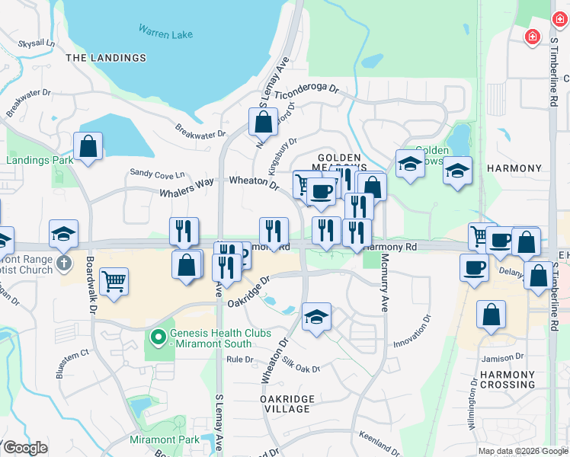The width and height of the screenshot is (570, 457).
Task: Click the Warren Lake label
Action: pos(165,33)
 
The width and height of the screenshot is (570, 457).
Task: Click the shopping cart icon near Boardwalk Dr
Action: pos(114,280)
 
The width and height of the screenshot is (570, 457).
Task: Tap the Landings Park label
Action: pos(40,160)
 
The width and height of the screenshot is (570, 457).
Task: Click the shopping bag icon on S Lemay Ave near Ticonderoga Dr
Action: pos(263,121)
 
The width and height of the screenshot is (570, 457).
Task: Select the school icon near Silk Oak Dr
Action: pos(316,317)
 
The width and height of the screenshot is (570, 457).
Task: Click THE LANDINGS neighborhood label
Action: pos(106,58)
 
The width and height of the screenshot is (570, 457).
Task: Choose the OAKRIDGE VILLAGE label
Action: pos(285,404)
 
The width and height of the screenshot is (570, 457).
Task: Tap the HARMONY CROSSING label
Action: pos(508,379)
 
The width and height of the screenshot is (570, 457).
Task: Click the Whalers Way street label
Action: pos(187,189)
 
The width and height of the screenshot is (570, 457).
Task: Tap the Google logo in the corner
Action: pos(25,448)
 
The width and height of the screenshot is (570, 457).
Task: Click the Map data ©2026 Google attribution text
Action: pos(523,451)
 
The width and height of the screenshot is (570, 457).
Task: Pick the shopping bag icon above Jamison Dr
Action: pos(492,313)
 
